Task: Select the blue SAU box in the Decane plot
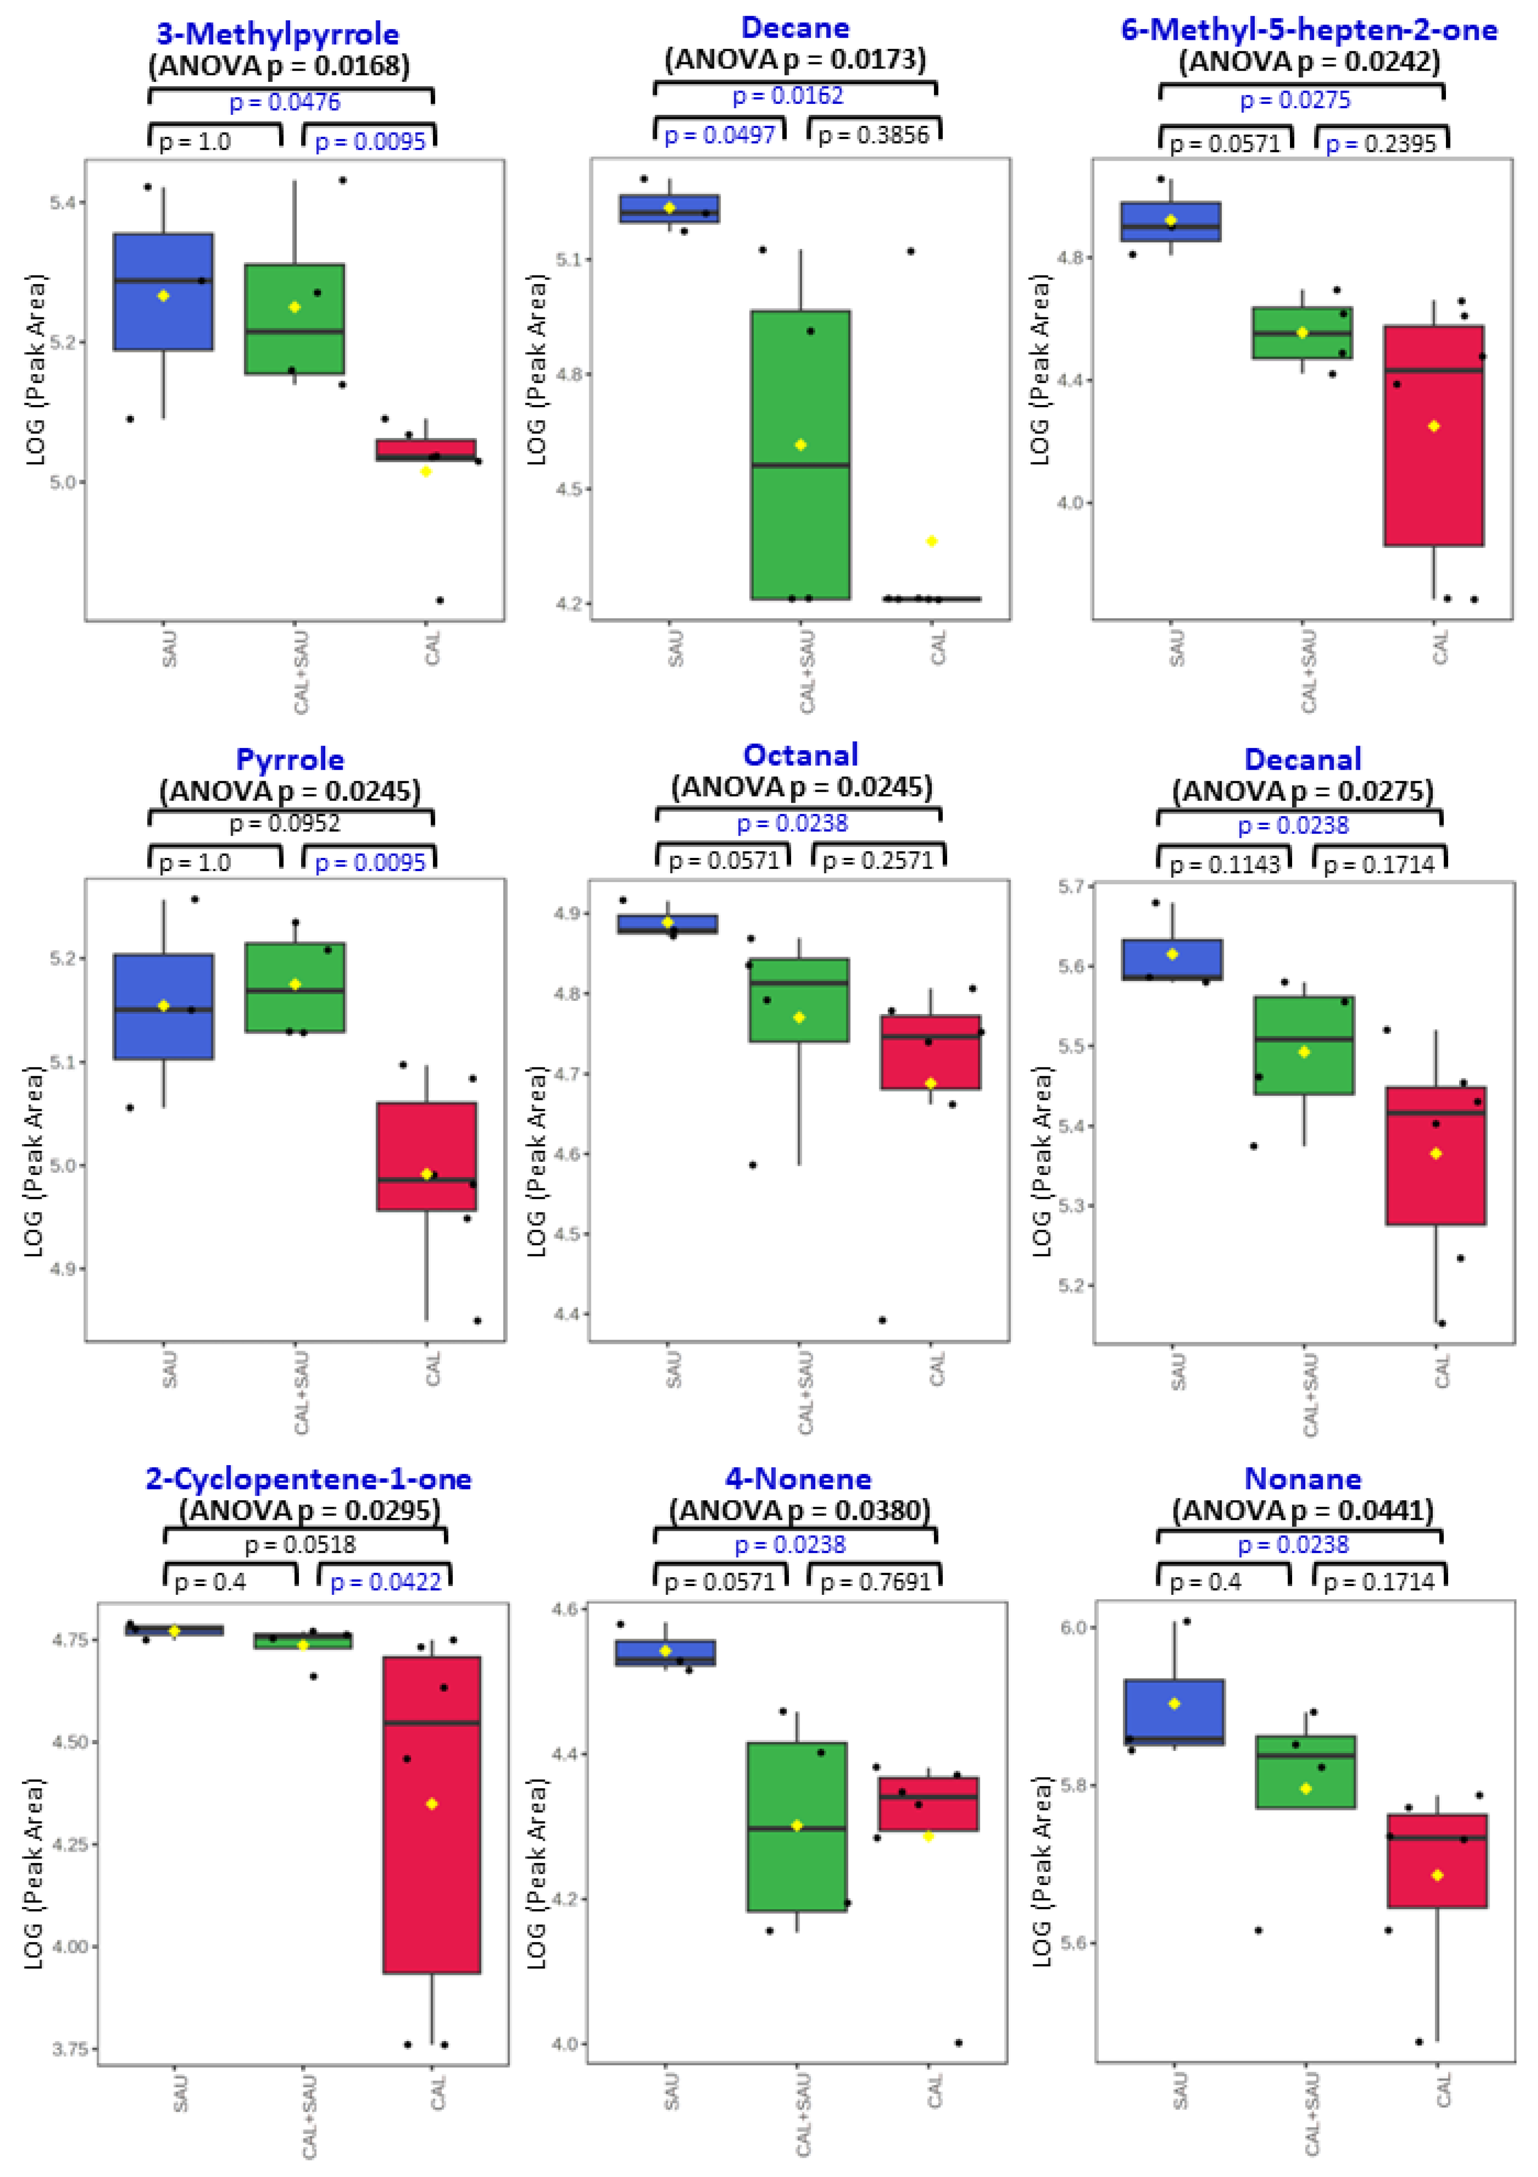click(x=669, y=209)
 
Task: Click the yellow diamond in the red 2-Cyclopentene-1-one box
click(x=431, y=1803)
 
